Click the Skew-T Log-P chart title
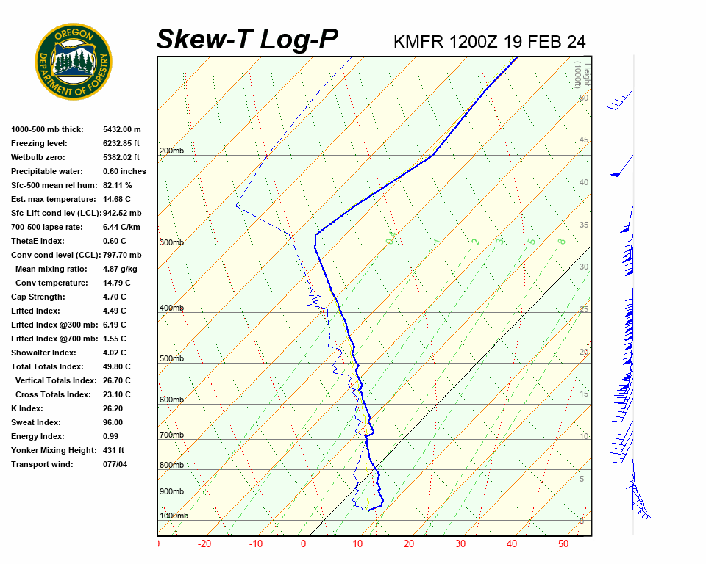[247, 39]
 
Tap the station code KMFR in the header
[418, 42]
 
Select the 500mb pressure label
[171, 358]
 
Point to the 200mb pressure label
[171, 151]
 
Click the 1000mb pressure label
[174, 516]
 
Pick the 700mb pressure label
[171, 435]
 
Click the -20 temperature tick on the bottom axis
[204, 544]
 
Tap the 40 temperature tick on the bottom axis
[512, 544]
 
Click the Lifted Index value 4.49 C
[115, 311]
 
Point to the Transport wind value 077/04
[115, 464]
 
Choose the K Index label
[27, 408]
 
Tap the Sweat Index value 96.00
[113, 422]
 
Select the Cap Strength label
[38, 297]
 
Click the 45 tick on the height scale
[584, 140]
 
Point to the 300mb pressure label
[171, 243]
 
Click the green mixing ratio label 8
[561, 241]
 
